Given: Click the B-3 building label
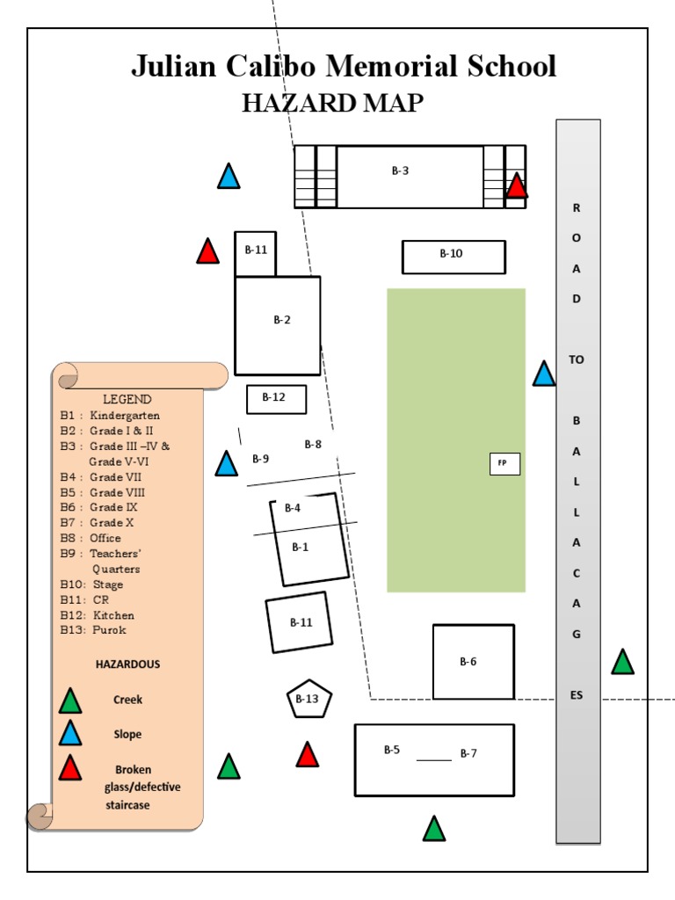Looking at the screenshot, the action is pyautogui.click(x=400, y=171).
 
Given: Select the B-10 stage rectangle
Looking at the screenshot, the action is pyautogui.click(x=454, y=257).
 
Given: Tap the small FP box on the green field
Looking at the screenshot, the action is pyautogui.click(x=504, y=463).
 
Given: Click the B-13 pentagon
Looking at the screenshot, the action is pyautogui.click(x=307, y=700).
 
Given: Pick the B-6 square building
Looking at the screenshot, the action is pyautogui.click(x=473, y=662).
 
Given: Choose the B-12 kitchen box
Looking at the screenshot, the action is pyautogui.click(x=276, y=398).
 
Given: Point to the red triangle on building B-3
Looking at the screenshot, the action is pyautogui.click(x=517, y=186).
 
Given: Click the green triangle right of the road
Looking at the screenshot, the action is pyautogui.click(x=622, y=663).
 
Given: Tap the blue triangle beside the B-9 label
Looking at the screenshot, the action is pyautogui.click(x=227, y=464).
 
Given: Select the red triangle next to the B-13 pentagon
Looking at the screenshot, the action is pyautogui.click(x=307, y=755).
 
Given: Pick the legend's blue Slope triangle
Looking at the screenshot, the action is pyautogui.click(x=70, y=734).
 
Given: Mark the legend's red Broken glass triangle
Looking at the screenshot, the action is pyautogui.click(x=70, y=769).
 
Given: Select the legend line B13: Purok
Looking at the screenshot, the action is pyautogui.click(x=93, y=630).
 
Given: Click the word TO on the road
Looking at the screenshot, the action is pyautogui.click(x=577, y=359).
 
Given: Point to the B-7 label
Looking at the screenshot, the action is pyautogui.click(x=468, y=753).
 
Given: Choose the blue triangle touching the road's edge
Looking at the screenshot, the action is pyautogui.click(x=544, y=374).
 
